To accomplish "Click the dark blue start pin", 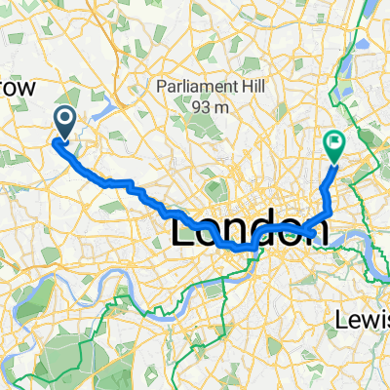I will pyautogui.click(x=65, y=122).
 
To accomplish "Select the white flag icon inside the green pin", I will pyautogui.click(x=334, y=141).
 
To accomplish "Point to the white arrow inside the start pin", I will pyautogui.click(x=65, y=119).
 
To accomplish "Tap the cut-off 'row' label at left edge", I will pyautogui.click(x=18, y=89).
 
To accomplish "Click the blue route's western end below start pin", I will pyautogui.click(x=58, y=143).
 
